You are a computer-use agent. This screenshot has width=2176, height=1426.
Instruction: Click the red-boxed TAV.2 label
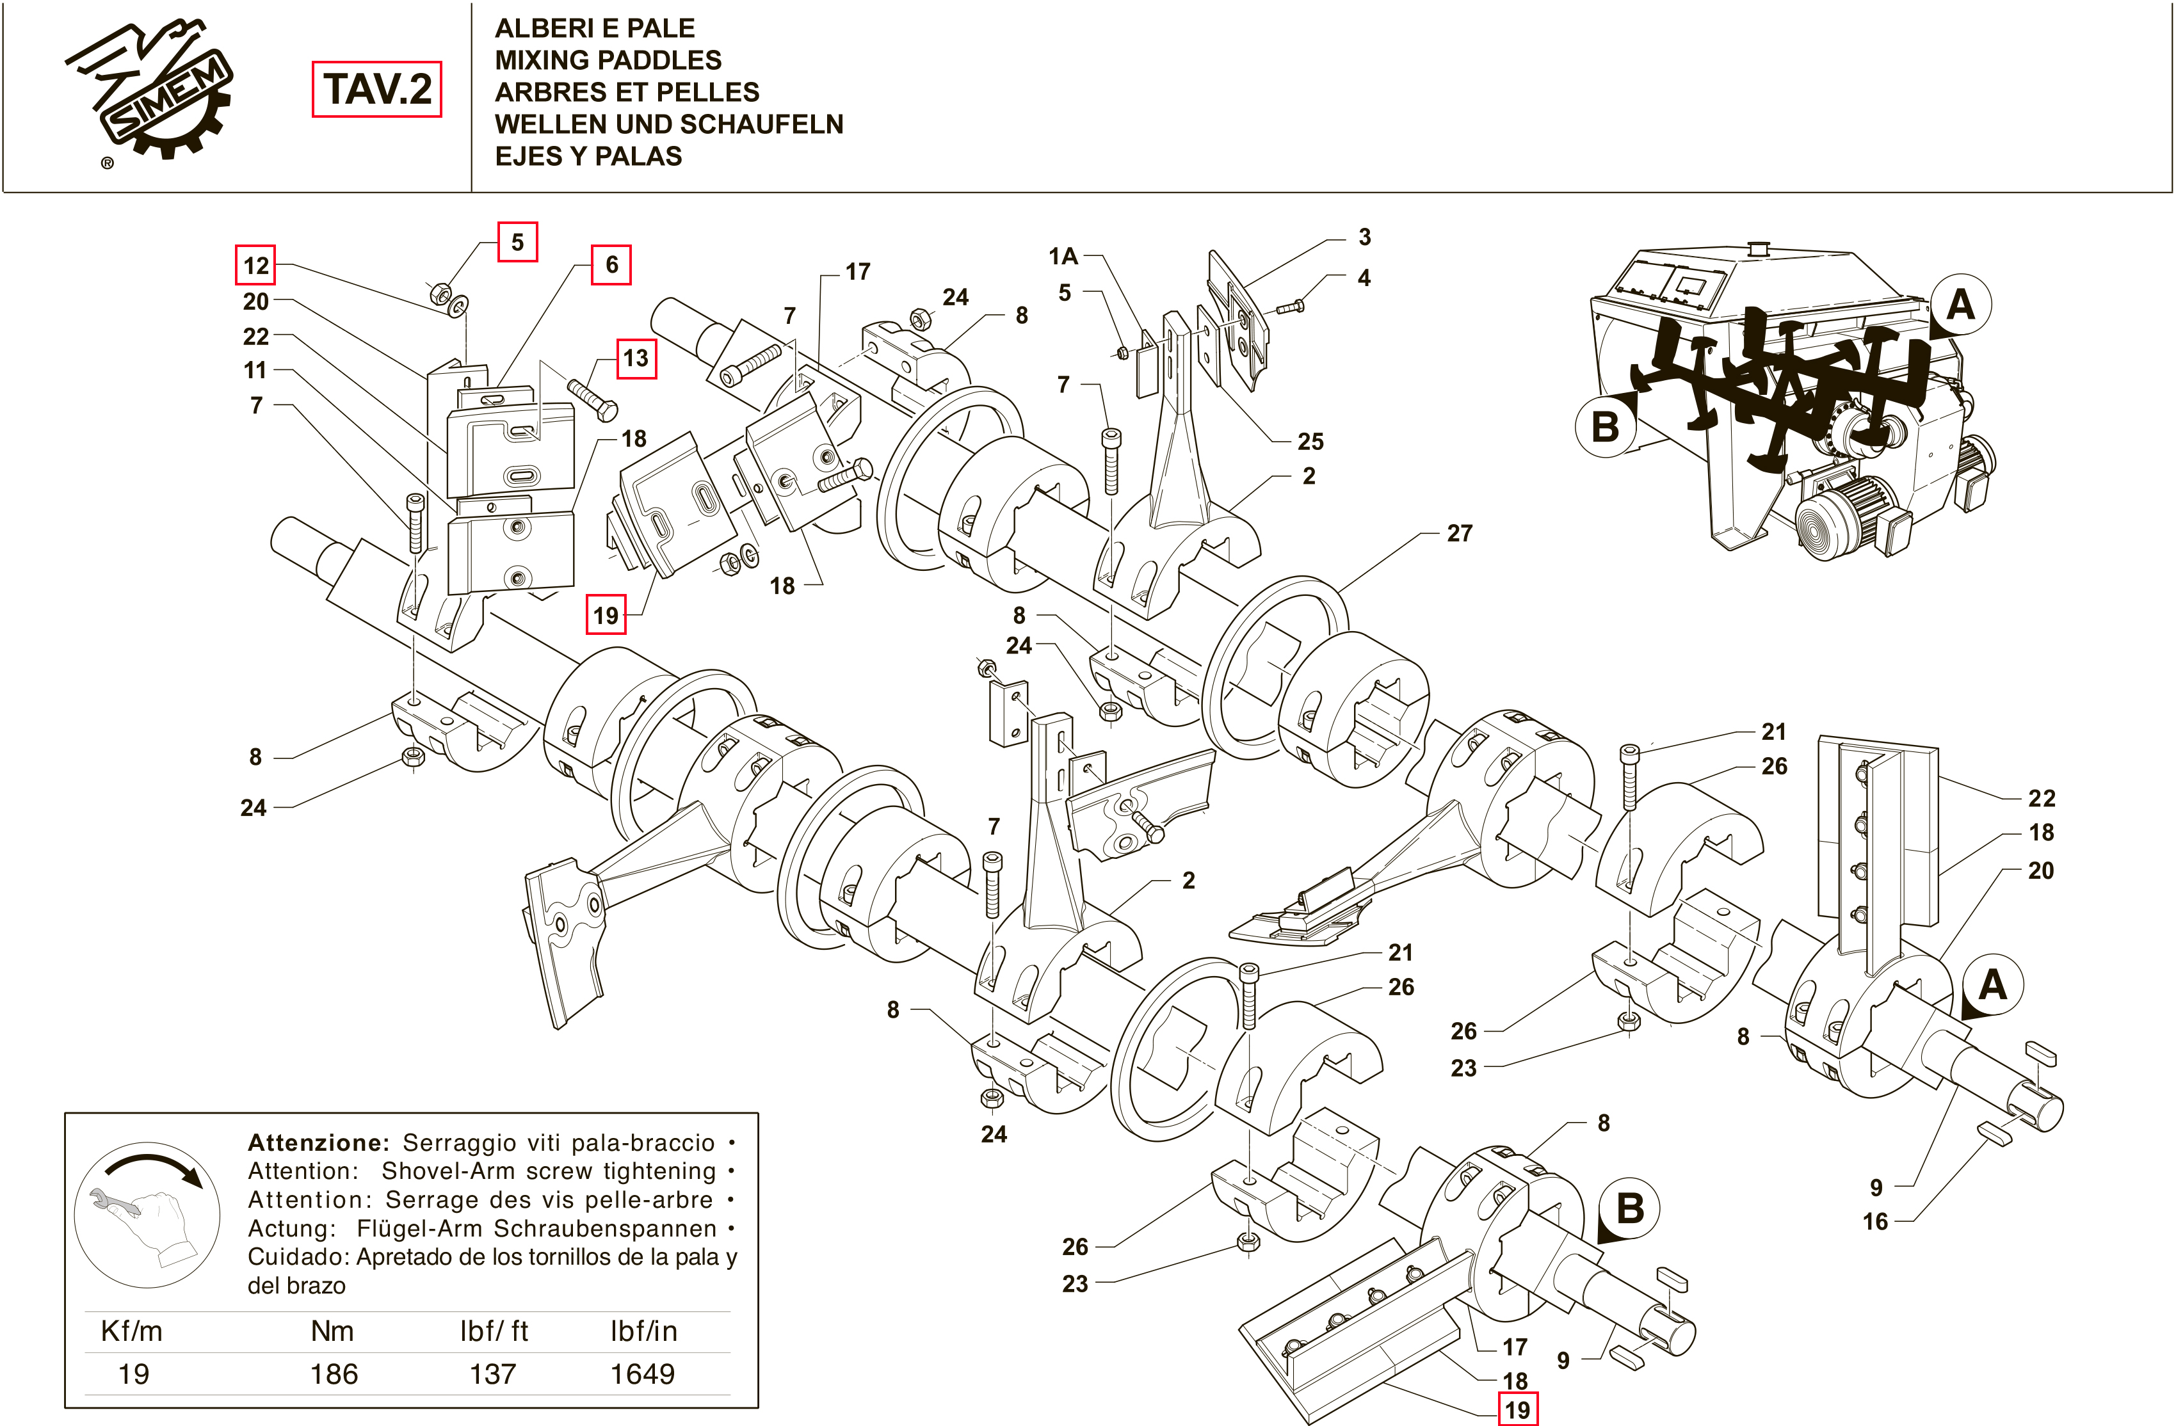tap(376, 89)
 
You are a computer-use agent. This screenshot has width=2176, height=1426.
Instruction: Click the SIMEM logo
tap(151, 96)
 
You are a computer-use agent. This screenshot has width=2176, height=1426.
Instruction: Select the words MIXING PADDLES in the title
tap(608, 60)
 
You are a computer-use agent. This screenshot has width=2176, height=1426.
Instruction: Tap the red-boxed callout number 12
tap(256, 266)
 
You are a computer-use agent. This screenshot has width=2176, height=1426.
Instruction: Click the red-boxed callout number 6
tap(611, 265)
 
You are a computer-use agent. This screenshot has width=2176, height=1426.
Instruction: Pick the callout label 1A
tap(1063, 257)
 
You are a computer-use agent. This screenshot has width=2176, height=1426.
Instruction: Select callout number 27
tap(1459, 533)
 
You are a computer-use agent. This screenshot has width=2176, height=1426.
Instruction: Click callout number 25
tap(1310, 442)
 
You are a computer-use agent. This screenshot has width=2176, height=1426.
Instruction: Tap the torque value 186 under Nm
tap(334, 1374)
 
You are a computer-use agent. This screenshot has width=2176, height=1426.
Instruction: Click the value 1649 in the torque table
tap(642, 1374)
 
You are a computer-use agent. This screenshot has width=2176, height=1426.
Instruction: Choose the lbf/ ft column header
tap(494, 1331)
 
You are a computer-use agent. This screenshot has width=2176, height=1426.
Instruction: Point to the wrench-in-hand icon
tap(147, 1214)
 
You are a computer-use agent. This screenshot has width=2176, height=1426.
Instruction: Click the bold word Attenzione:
tap(318, 1142)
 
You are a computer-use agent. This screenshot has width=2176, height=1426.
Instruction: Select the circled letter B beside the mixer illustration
tap(1604, 427)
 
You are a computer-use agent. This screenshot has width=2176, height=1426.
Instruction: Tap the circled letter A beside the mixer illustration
tap(1960, 305)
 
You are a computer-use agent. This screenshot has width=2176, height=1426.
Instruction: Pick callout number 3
tap(1364, 237)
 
